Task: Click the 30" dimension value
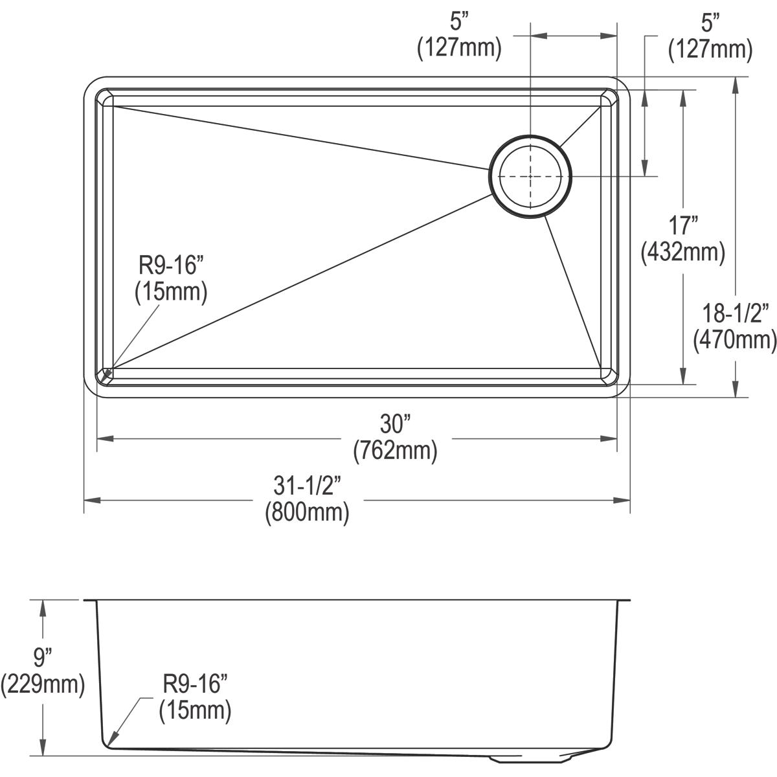click(x=395, y=425)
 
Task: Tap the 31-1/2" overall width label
click(x=307, y=486)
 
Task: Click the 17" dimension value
click(x=683, y=226)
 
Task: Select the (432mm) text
click(x=683, y=251)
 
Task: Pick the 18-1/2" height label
click(x=735, y=314)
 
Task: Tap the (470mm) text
click(x=735, y=339)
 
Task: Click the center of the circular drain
click(x=530, y=176)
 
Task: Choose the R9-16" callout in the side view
click(x=195, y=685)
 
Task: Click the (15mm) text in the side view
click(x=195, y=711)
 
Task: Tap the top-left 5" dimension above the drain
click(x=459, y=23)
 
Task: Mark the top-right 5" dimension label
click(x=710, y=23)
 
